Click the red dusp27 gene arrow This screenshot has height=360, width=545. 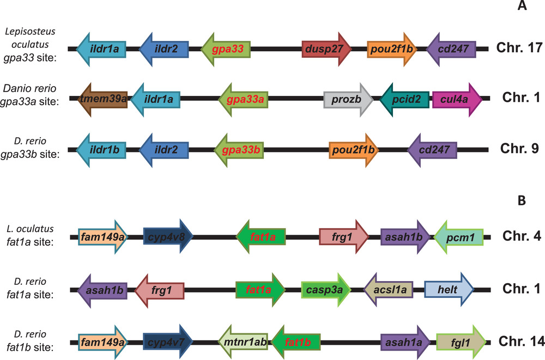point(326,50)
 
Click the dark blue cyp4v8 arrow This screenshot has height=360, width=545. point(168,237)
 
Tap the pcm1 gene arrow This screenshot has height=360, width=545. point(459,237)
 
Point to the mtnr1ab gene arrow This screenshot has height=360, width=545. point(244,342)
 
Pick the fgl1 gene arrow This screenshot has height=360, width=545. point(461,342)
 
